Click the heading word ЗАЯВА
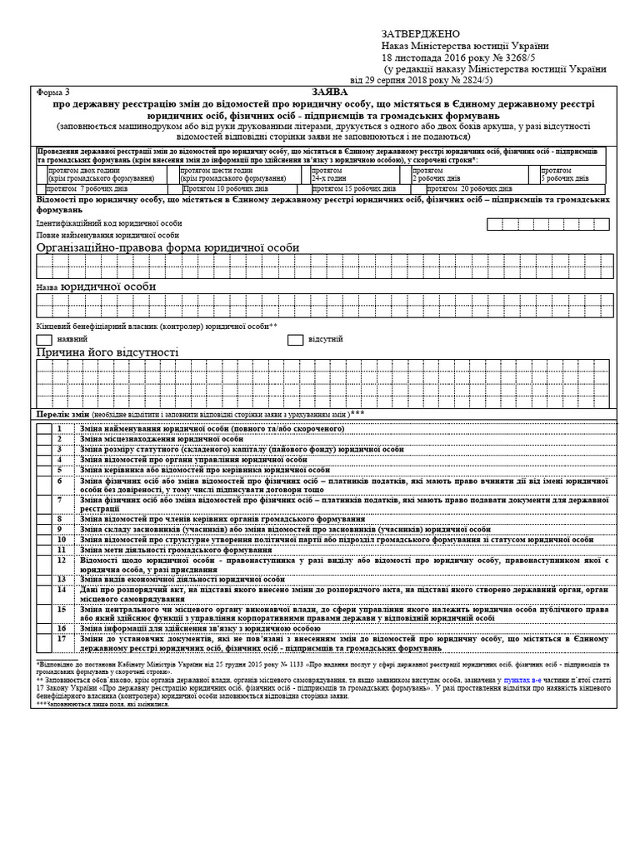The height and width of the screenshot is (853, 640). (323, 92)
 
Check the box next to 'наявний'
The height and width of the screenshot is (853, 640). (44, 340)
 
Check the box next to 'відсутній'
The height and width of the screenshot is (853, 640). (295, 340)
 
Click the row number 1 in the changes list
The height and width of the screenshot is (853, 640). (60, 428)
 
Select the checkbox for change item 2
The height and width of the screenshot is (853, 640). (43, 438)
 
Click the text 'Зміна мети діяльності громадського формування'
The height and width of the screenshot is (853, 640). (164, 550)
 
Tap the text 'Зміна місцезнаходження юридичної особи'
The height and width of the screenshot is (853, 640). (162, 438)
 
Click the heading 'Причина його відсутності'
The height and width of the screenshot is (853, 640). (107, 353)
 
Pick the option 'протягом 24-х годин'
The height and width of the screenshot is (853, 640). (328, 173)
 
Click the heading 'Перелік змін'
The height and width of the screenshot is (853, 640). (62, 414)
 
